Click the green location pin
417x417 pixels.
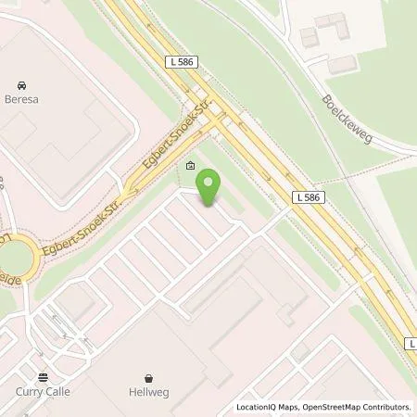210,186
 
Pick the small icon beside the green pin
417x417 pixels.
190,167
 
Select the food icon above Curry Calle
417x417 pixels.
43,378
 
